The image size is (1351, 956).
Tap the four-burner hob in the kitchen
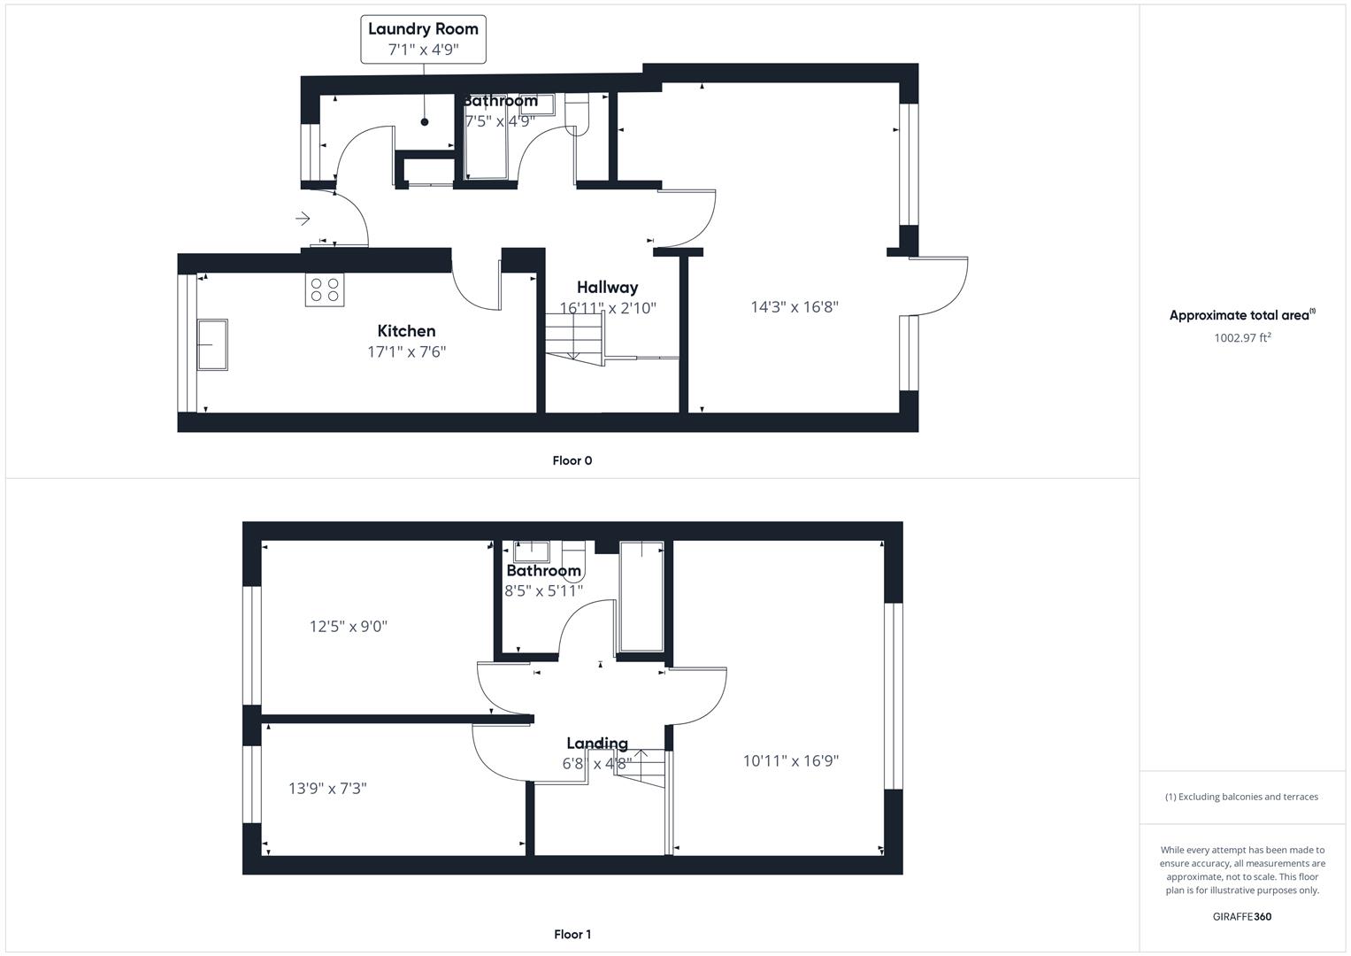tap(325, 290)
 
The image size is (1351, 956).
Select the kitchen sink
tap(211, 344)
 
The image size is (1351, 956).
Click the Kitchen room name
tap(406, 331)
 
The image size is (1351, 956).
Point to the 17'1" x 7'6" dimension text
tap(406, 351)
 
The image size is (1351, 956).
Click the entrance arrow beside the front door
tap(303, 218)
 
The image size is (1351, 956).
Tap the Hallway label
tap(607, 287)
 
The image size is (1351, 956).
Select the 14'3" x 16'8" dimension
tap(794, 307)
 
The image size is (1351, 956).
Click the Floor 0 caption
tap(572, 460)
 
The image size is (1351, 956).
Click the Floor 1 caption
tap(572, 934)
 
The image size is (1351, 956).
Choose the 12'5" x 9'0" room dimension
tap(349, 627)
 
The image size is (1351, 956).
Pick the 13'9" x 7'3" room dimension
tap(327, 788)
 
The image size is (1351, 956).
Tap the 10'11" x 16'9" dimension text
tap(791, 760)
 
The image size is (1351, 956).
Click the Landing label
tap(597, 744)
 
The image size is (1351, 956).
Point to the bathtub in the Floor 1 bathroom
tap(641, 595)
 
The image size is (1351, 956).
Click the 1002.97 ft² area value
tap(1242, 337)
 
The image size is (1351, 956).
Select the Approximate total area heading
tap(1240, 315)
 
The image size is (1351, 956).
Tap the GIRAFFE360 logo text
tap(1241, 916)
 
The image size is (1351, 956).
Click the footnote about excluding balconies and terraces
tap(1241, 797)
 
